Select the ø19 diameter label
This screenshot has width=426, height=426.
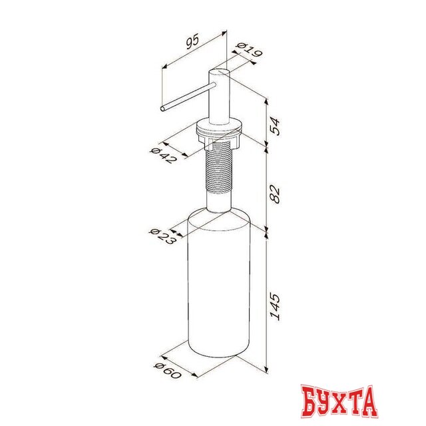tap(249, 51)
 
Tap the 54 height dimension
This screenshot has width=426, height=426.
tap(275, 126)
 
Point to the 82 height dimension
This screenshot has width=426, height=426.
tap(275, 194)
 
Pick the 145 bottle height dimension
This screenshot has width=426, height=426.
tap(275, 306)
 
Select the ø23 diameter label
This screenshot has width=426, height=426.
tap(162, 236)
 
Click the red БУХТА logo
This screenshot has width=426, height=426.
tap(339, 402)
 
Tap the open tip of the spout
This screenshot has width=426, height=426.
tap(162, 108)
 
